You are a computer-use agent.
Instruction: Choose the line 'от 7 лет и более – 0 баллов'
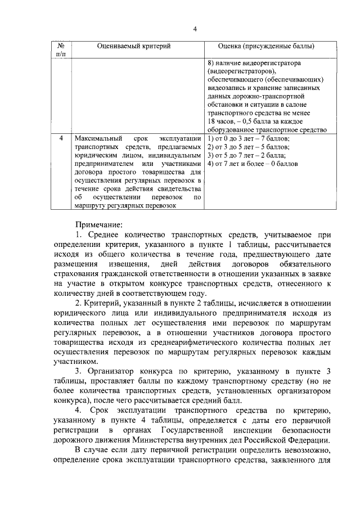pyautogui.click(x=253, y=164)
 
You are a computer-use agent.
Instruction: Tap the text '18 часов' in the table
pyautogui.click(x=221, y=121)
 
